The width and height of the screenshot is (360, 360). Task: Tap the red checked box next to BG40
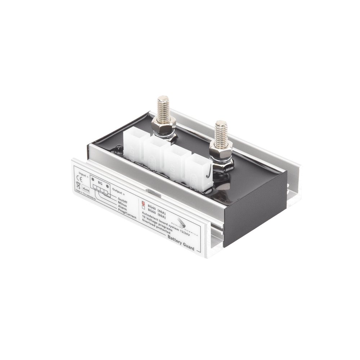(x=143, y=202)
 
